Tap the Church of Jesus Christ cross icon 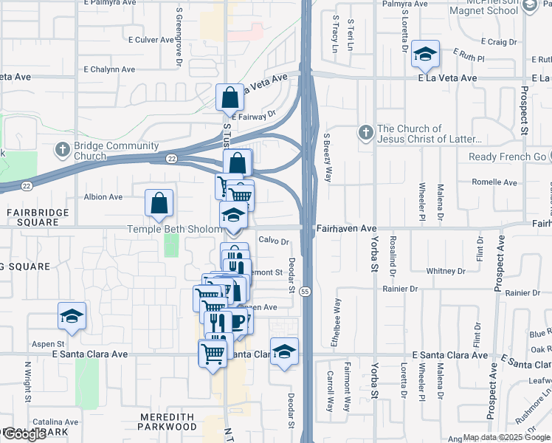tap(365, 133)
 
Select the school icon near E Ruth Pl tap(425, 54)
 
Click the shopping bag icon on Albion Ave tap(159, 205)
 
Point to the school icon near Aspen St tap(72, 316)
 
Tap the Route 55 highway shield tap(305, 292)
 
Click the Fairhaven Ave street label tap(347, 230)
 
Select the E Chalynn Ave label tap(109, 69)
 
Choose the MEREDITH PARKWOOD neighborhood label tap(168, 422)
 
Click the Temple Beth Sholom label tap(174, 230)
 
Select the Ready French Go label tap(506, 157)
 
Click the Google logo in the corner tap(24, 434)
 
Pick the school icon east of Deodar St tap(284, 353)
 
